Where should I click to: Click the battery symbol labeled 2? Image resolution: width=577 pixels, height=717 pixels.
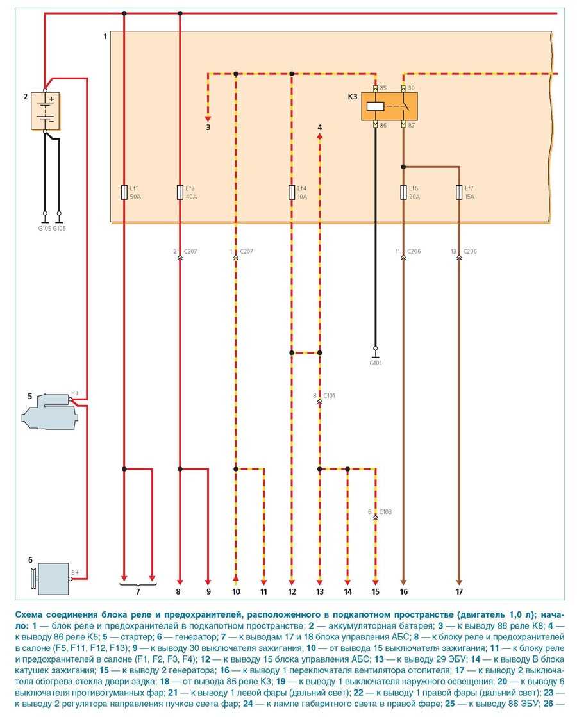coord(46,111)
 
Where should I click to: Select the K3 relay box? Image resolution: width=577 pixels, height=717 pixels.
coord(389,107)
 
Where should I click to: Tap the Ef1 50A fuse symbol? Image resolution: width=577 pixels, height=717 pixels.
coord(124,192)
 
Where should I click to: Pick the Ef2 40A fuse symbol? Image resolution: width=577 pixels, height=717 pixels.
coord(180,192)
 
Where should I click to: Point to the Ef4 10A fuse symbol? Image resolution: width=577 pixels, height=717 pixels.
coord(292,192)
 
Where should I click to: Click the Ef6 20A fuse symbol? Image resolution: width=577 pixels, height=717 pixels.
coord(403,192)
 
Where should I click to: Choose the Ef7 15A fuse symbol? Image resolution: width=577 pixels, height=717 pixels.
coord(459,192)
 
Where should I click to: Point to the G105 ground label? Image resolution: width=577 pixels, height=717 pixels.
coord(44,227)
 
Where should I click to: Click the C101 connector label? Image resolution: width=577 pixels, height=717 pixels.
coord(330,396)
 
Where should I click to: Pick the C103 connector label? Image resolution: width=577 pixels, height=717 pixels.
coord(385,511)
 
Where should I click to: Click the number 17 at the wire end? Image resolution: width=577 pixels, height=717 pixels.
coord(459,592)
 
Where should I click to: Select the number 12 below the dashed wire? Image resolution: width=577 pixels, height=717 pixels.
coord(292,592)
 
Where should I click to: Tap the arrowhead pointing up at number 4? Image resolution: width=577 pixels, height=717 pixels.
coord(320,136)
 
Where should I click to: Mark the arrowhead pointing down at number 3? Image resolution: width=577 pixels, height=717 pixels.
coord(208,117)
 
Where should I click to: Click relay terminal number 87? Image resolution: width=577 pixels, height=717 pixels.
coord(411,126)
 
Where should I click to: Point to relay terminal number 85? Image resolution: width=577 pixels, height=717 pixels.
coord(383,88)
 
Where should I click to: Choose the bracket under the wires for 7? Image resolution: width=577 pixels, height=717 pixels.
coord(138,584)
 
